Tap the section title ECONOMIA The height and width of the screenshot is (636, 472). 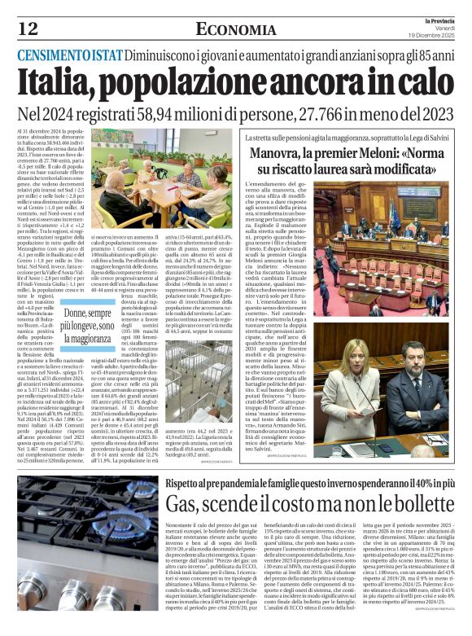(230, 29)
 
